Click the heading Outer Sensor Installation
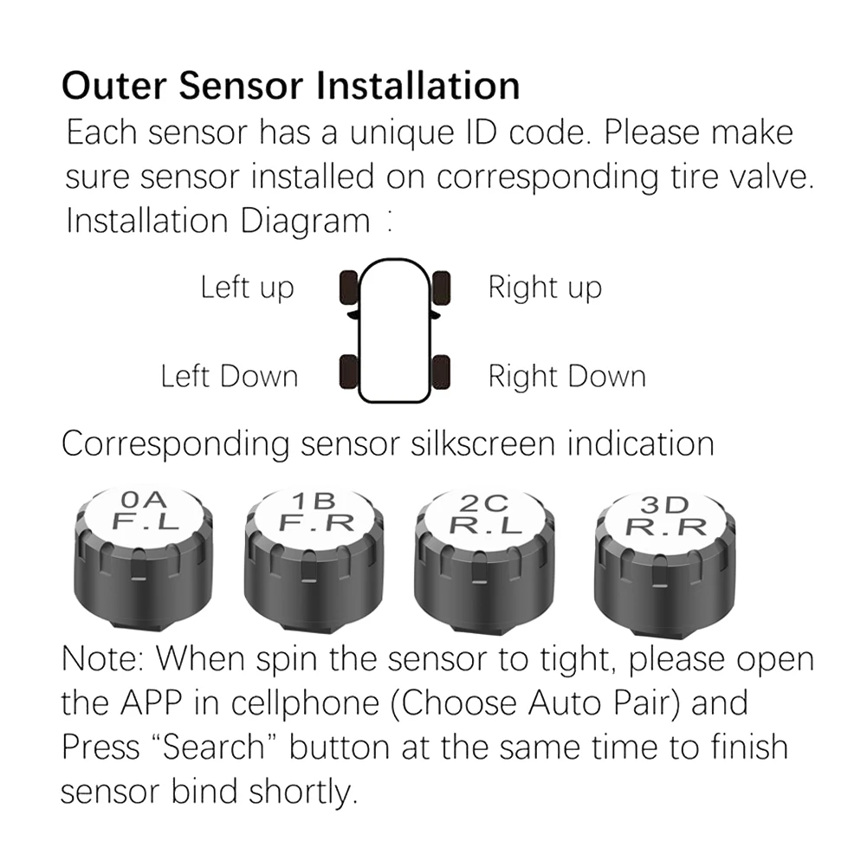291,86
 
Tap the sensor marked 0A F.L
143,558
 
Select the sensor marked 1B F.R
314,560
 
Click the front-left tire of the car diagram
349,288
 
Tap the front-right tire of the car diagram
441,288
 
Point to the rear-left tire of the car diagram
349,373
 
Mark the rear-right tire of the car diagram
440,373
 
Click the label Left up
247,288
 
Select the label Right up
545,288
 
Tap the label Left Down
230,377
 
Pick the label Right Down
567,377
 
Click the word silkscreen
482,443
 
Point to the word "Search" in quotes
212,747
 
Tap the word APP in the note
152,703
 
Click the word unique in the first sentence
401,134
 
